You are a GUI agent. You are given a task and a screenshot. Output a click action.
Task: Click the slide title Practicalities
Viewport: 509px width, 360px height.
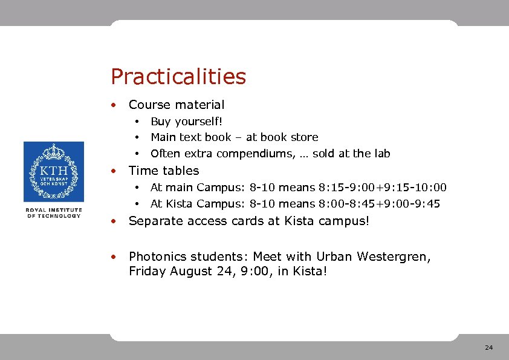pyautogui.click(x=178, y=77)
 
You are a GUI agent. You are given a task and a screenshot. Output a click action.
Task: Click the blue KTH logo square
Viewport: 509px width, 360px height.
pyautogui.click(x=53, y=172)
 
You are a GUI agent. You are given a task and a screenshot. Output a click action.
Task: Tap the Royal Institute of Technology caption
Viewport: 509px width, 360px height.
pyautogui.click(x=53, y=213)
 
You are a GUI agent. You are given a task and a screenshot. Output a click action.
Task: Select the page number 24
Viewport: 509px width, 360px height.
pyautogui.click(x=488, y=347)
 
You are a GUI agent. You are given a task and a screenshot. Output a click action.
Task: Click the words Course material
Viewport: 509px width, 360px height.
pyautogui.click(x=176, y=105)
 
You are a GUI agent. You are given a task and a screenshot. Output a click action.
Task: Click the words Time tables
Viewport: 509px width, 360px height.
pyautogui.click(x=163, y=171)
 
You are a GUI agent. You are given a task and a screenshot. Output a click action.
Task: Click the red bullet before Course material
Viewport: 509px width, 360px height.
pyautogui.click(x=113, y=105)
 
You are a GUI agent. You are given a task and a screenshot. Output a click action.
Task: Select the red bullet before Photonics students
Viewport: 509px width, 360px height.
pyautogui.click(x=113, y=257)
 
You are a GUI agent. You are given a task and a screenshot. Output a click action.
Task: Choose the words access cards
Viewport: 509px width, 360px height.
pyautogui.click(x=232, y=221)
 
